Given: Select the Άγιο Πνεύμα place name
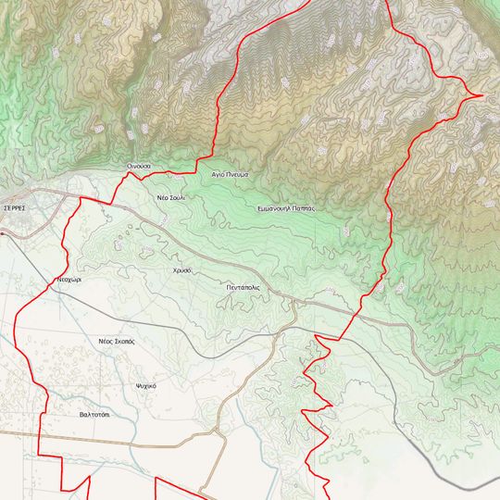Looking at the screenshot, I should (x=231, y=173).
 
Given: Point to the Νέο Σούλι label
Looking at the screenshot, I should (x=170, y=198).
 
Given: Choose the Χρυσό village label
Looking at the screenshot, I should (x=181, y=269).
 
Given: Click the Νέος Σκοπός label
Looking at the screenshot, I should (x=117, y=341).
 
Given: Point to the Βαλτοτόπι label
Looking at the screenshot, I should (x=94, y=414).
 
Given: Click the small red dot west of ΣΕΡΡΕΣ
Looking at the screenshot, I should (x=2, y=233).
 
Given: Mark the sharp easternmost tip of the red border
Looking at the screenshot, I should (x=483, y=94).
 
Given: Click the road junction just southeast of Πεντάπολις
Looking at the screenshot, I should (x=293, y=302).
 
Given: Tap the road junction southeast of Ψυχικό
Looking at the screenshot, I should (x=214, y=431).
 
